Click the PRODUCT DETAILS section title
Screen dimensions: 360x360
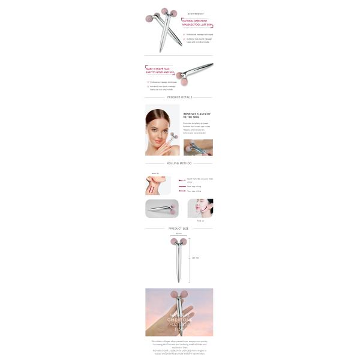[x=179, y=97]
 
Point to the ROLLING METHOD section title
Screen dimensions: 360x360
[x=179, y=163]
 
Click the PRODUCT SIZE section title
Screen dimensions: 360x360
[x=179, y=229]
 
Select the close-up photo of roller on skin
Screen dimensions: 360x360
[x=198, y=148]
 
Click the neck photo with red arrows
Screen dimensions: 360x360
[x=157, y=185]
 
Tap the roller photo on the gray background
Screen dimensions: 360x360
[x=162, y=208]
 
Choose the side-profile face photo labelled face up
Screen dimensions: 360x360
[x=200, y=208]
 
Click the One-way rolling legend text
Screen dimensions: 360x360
[x=194, y=186]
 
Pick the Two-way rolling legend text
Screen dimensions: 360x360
[x=194, y=191]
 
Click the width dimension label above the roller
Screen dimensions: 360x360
[x=179, y=234]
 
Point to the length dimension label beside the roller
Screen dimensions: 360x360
[x=195, y=258]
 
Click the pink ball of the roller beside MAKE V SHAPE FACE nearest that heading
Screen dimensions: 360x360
[x=179, y=76]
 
